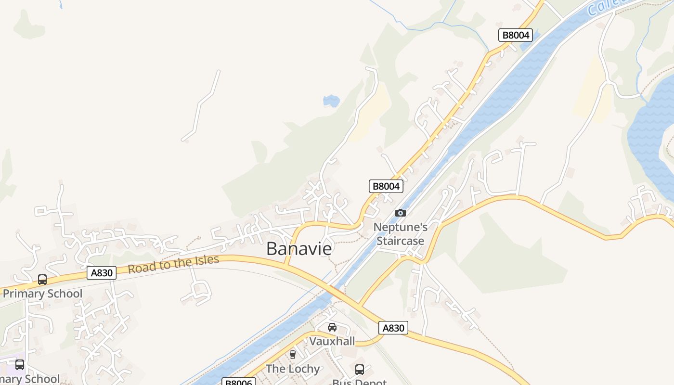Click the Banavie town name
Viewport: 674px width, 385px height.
coord(299,249)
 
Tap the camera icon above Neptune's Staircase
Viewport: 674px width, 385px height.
coord(400,213)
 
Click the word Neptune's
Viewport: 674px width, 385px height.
coord(401,227)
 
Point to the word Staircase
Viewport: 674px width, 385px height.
coord(401,241)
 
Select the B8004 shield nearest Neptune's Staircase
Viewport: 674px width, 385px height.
coord(386,186)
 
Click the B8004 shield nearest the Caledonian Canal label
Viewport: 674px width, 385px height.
coord(515,35)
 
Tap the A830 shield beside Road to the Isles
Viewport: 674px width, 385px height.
coord(102,273)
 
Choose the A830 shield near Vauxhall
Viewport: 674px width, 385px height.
coord(393,328)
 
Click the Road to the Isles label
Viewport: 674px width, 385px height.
coord(173,264)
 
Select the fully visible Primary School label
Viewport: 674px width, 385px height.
coord(42,294)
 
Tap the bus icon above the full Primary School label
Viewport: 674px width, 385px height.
coord(42,279)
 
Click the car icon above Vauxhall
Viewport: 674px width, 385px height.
coord(332,328)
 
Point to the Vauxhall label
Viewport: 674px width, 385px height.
coord(332,341)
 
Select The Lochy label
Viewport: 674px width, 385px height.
coord(293,369)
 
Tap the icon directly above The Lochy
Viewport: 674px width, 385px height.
coord(292,355)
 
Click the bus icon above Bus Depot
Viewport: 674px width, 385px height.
coord(359,370)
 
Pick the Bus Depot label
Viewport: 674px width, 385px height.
coord(359,382)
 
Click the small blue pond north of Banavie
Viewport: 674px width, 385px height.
coord(331,101)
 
